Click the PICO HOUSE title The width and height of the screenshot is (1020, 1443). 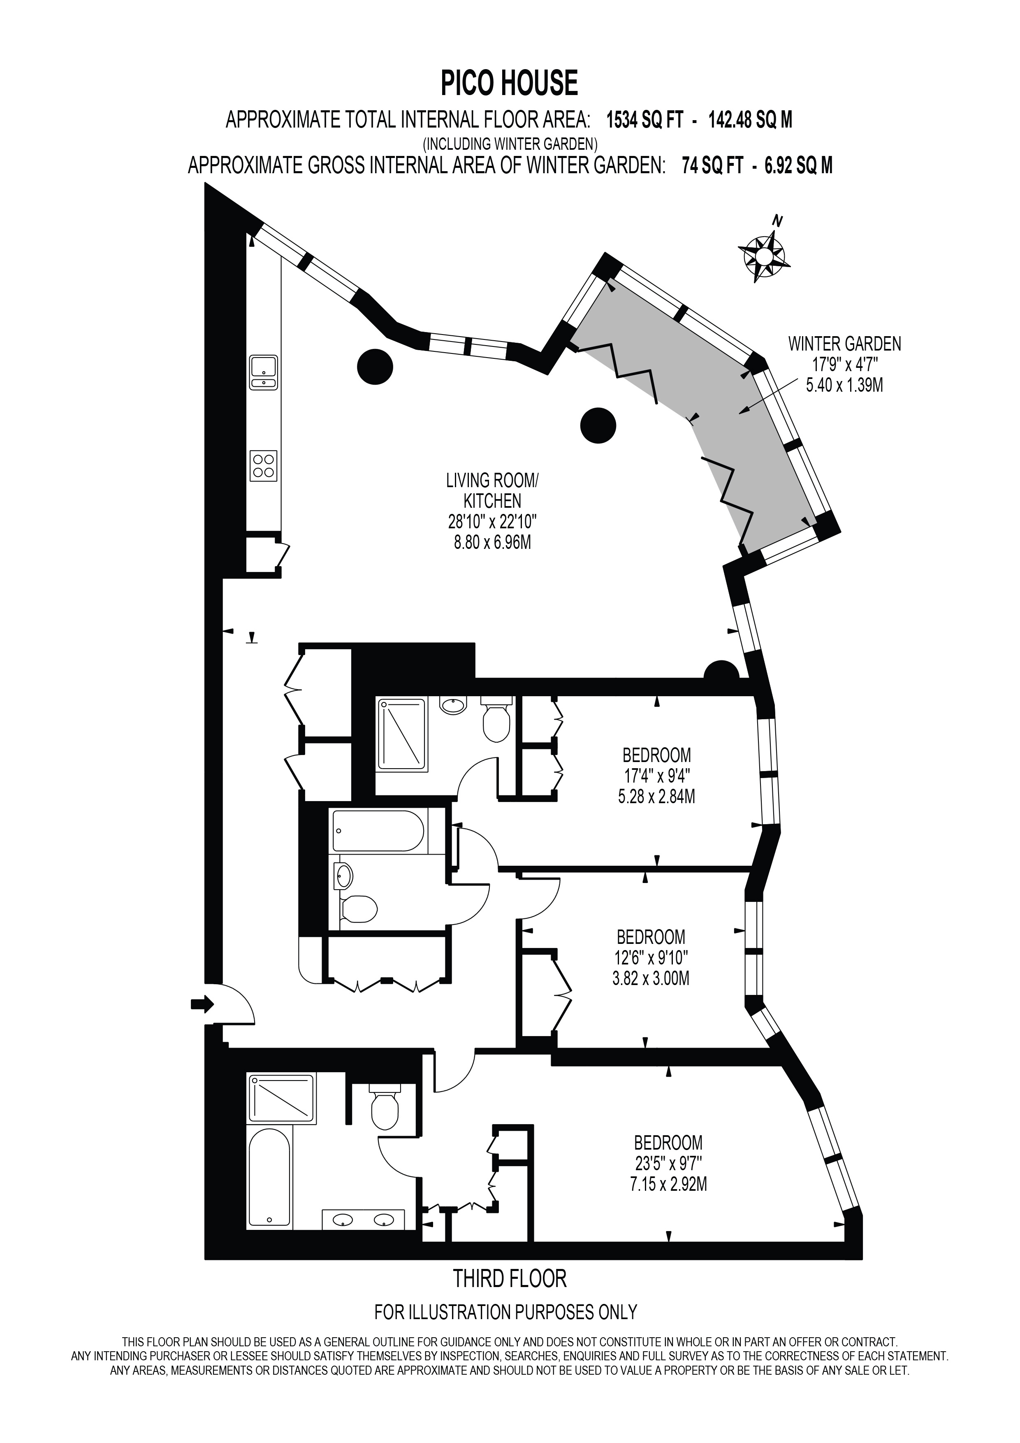pos(509,83)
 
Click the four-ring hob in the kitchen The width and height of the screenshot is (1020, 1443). pos(264,466)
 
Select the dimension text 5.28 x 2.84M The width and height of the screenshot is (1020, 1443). pos(656,797)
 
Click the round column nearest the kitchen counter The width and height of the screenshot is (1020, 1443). pos(375,366)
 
